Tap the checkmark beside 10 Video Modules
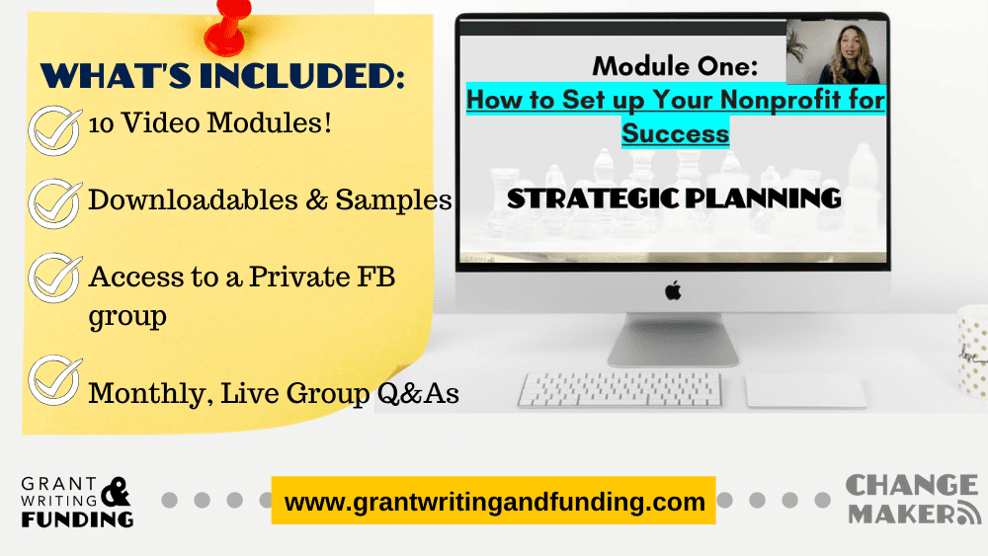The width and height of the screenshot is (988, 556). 54,130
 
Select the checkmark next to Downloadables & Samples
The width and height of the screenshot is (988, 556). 54,203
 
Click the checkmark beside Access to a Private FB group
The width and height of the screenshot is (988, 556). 54,278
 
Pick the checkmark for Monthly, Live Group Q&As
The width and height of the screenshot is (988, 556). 54,380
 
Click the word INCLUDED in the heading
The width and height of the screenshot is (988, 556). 301,76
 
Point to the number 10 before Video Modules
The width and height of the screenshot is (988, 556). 101,124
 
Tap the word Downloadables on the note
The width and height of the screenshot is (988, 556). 193,200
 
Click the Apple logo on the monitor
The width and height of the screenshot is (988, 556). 673,291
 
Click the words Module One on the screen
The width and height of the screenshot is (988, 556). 675,66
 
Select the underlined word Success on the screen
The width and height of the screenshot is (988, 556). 676,133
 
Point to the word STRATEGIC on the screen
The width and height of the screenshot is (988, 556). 593,199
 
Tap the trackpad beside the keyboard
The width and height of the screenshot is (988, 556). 806,391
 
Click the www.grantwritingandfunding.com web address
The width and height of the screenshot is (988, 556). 494,502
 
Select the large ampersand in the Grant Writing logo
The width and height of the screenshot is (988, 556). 116,492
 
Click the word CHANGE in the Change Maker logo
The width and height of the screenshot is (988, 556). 912,486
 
